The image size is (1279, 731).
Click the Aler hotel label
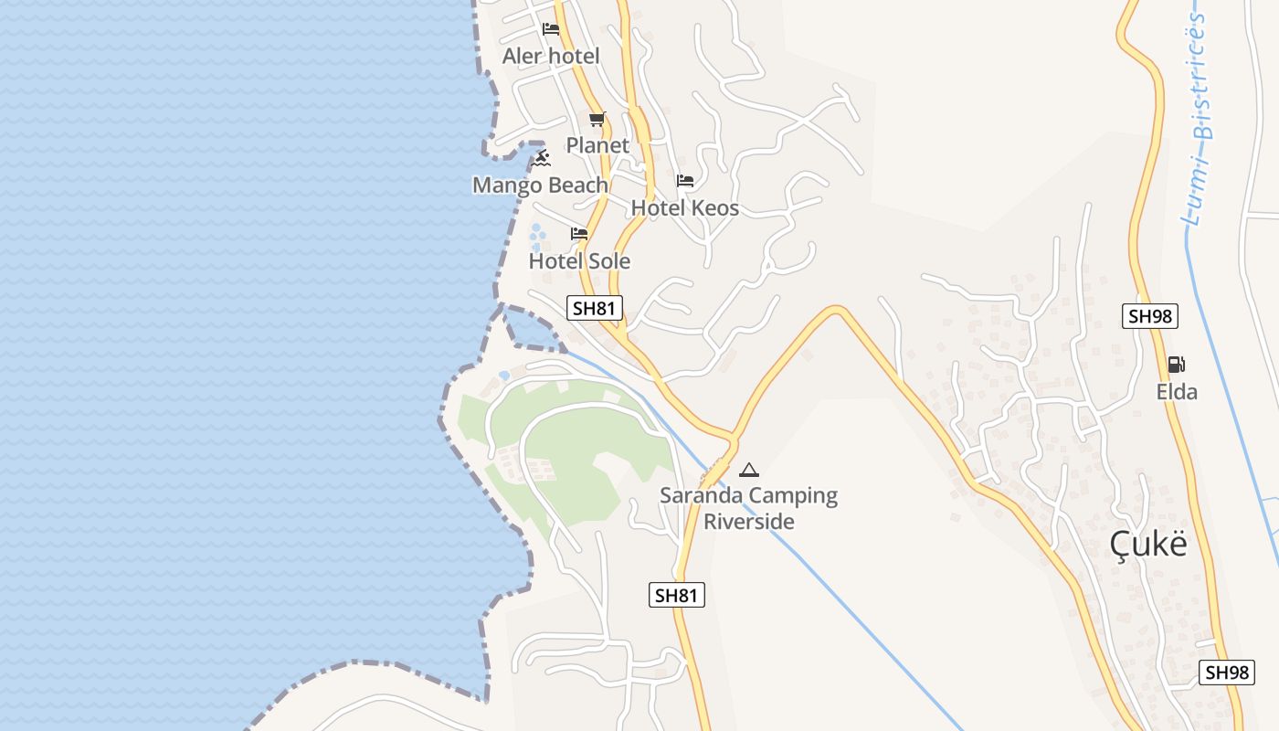pyautogui.click(x=551, y=57)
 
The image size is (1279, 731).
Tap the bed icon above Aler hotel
pyautogui.click(x=551, y=29)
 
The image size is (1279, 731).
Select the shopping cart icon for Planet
pyautogui.click(x=597, y=119)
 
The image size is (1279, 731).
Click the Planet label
pyautogui.click(x=597, y=145)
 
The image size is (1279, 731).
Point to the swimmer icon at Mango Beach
pyautogui.click(x=542, y=158)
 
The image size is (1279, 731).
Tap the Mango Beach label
pyautogui.click(x=540, y=185)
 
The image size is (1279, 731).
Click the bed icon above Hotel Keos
pyautogui.click(x=685, y=181)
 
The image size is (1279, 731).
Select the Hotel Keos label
pyautogui.click(x=685, y=208)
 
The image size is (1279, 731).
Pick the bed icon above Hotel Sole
pyautogui.click(x=579, y=234)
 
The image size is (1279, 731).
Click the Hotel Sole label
pyautogui.click(x=579, y=261)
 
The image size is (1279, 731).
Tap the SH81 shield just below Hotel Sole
pyautogui.click(x=595, y=308)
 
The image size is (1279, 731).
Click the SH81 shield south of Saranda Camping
pyautogui.click(x=677, y=596)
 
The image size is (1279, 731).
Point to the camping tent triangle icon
pyautogui.click(x=749, y=471)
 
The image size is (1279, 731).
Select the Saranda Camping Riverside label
pyautogui.click(x=749, y=509)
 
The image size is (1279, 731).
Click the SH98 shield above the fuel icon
pyautogui.click(x=1150, y=316)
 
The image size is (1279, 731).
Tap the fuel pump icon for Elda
pyautogui.click(x=1177, y=365)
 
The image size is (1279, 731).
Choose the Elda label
pyautogui.click(x=1177, y=392)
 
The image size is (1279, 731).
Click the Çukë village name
pyautogui.click(x=1148, y=544)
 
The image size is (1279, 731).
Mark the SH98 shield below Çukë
pyautogui.click(x=1226, y=673)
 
